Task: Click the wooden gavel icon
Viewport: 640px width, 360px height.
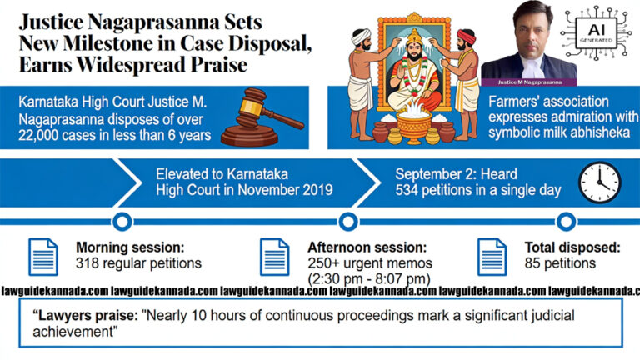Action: point(262,117)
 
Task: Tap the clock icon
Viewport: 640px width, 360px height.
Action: point(600,182)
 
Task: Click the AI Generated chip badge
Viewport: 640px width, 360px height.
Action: point(596,32)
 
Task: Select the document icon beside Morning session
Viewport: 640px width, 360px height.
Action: point(43,257)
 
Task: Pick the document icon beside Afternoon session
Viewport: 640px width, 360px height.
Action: point(275,257)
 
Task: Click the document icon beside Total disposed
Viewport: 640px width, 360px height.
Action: point(492,257)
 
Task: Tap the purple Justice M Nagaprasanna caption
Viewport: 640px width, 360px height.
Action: point(529,82)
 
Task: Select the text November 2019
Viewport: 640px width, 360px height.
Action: point(285,190)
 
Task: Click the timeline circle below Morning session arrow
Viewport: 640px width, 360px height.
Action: point(122,222)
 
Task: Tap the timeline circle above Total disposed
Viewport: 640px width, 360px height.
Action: point(566,222)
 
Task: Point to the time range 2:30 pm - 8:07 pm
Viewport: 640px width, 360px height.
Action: point(369,279)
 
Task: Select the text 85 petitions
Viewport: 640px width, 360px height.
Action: point(560,263)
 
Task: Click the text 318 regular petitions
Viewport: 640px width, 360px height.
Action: point(138,263)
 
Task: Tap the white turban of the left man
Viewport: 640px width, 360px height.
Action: point(362,37)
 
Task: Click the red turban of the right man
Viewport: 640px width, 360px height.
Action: point(466,37)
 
